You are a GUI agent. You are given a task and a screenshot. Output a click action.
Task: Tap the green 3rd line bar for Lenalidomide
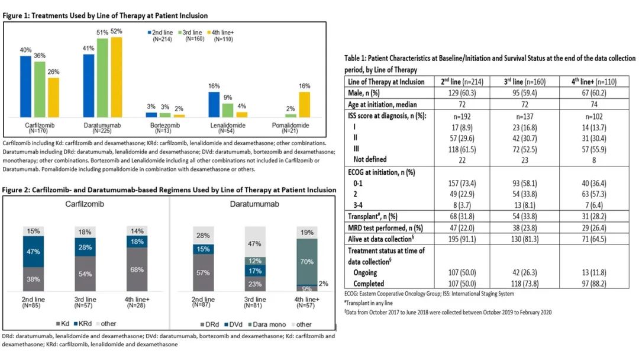pyautogui.click(x=228, y=110)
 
